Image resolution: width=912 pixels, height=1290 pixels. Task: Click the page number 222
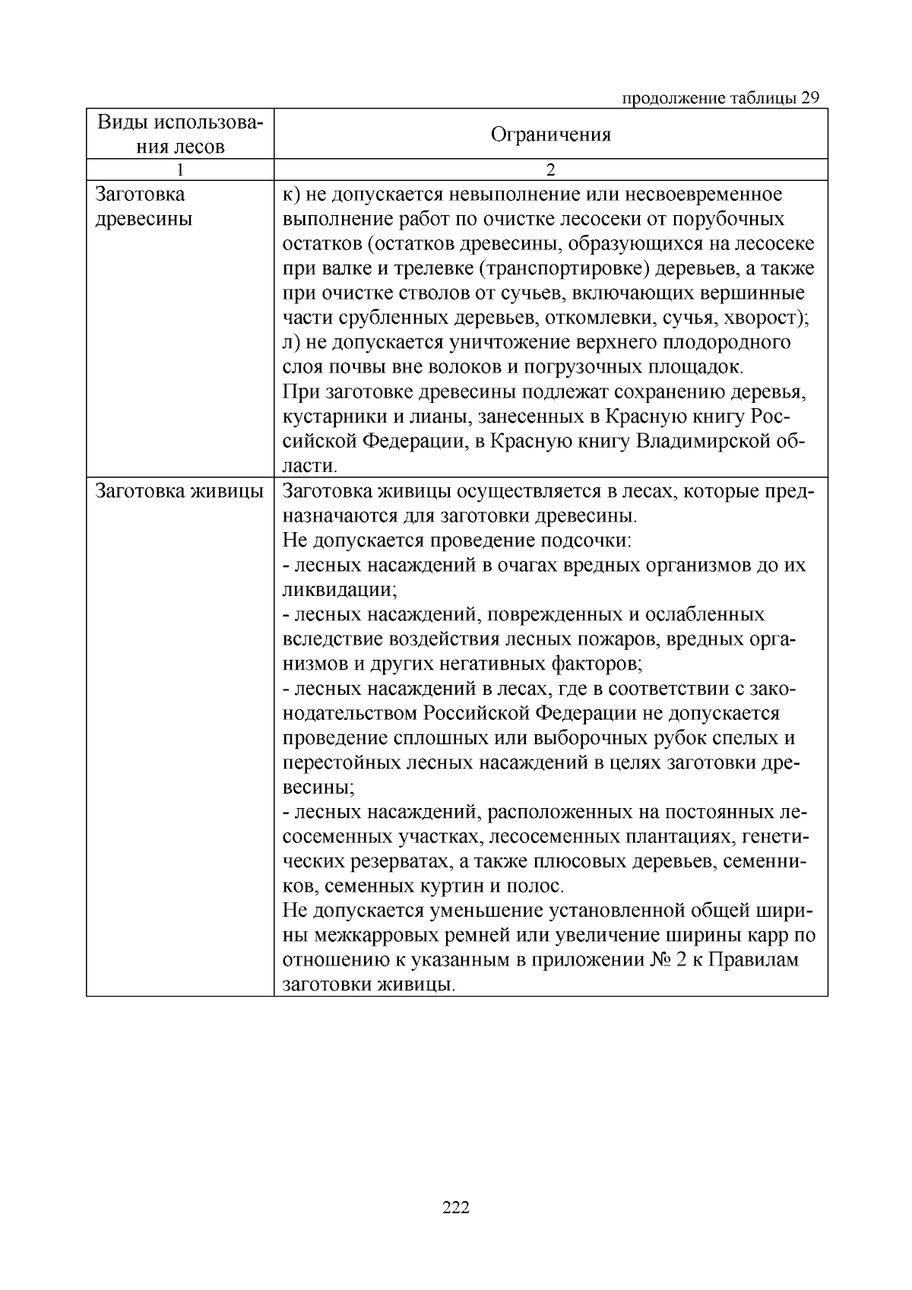[456, 1207]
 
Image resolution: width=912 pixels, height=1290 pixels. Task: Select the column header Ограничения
[550, 135]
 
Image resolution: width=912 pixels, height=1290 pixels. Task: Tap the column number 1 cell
[180, 170]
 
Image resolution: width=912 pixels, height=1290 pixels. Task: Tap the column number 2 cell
[550, 170]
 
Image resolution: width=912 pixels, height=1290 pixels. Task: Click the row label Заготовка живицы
[179, 491]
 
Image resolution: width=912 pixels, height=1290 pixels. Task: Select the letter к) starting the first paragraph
[291, 195]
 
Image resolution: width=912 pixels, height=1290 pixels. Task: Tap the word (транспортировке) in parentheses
[578, 269]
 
